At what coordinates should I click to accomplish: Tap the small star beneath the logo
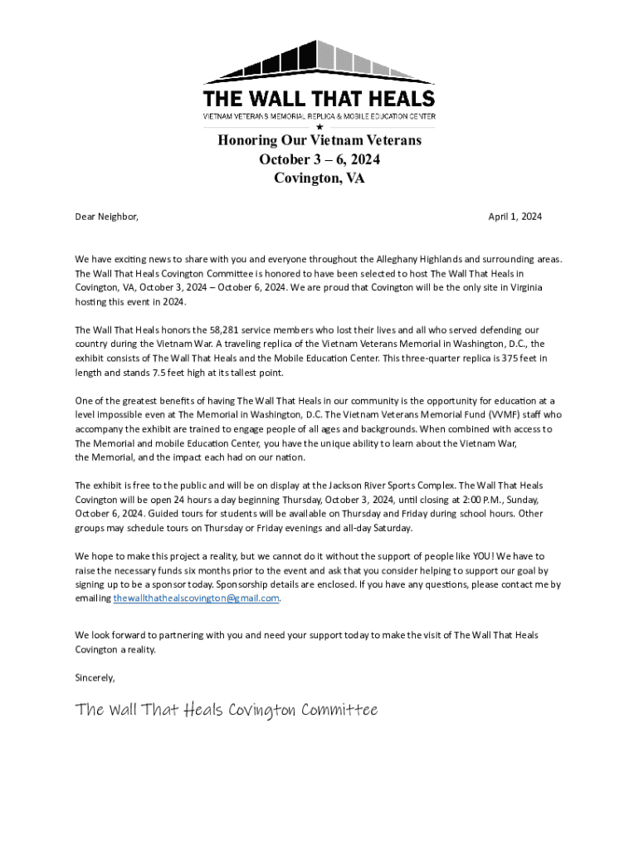pyautogui.click(x=319, y=126)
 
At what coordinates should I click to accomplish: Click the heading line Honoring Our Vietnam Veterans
pyautogui.click(x=319, y=140)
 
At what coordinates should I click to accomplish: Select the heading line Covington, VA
pyautogui.click(x=319, y=178)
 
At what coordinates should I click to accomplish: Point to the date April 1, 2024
pyautogui.click(x=515, y=217)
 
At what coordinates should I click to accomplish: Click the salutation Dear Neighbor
pyautogui.click(x=106, y=217)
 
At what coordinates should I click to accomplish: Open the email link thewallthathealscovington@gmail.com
pyautogui.click(x=197, y=598)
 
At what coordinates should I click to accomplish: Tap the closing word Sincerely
pyautogui.click(x=95, y=677)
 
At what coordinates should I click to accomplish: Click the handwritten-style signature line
pyautogui.click(x=227, y=710)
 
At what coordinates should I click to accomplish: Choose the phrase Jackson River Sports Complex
pyautogui.click(x=390, y=485)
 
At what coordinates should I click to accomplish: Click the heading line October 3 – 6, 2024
pyautogui.click(x=319, y=159)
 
